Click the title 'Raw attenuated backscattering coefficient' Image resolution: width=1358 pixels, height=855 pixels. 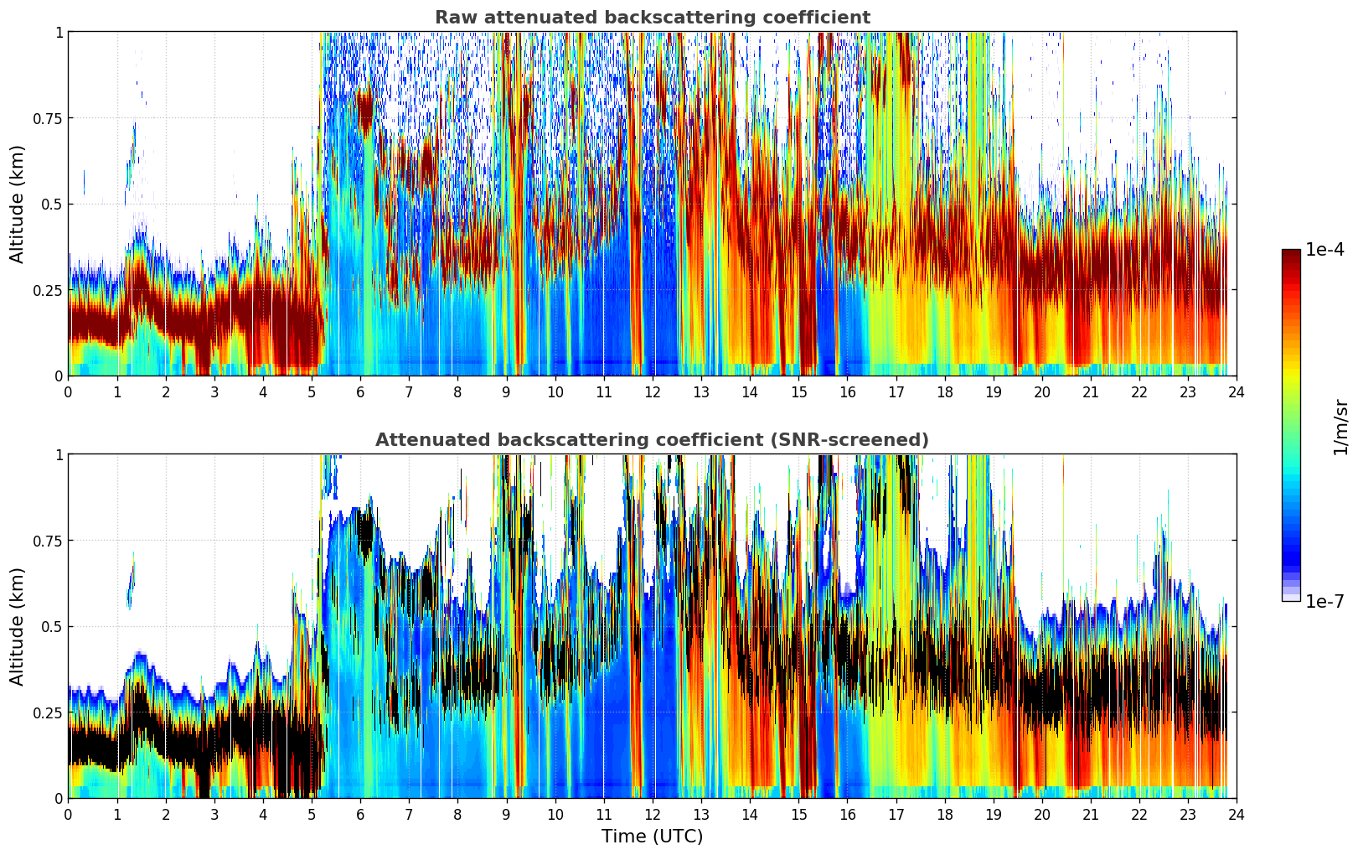pyautogui.click(x=652, y=18)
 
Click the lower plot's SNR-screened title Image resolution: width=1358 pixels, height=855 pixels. pyautogui.click(x=652, y=440)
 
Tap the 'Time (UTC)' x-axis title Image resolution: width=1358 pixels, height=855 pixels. pyautogui.click(x=652, y=837)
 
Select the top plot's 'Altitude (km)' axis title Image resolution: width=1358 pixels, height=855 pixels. pyautogui.click(x=18, y=204)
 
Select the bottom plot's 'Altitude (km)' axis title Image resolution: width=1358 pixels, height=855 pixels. pyautogui.click(x=18, y=626)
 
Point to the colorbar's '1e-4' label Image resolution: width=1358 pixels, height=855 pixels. pyautogui.click(x=1324, y=250)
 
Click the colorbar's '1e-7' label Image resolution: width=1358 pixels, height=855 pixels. pyautogui.click(x=1324, y=601)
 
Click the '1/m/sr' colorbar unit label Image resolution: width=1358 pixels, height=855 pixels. pyautogui.click(x=1340, y=427)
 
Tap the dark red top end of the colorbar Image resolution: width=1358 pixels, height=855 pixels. pyautogui.click(x=1291, y=253)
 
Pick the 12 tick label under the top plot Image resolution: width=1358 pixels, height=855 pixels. pyautogui.click(x=653, y=391)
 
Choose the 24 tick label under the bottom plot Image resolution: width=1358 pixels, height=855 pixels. pyautogui.click(x=1237, y=814)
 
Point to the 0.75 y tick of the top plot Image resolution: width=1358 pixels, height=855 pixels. pyautogui.click(x=48, y=118)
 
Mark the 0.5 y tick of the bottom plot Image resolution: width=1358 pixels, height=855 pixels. pyautogui.click(x=52, y=626)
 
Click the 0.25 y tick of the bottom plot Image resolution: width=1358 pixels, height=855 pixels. pyautogui.click(x=48, y=712)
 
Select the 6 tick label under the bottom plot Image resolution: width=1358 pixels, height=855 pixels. pyautogui.click(x=360, y=814)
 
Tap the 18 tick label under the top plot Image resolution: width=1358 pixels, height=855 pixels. pyautogui.click(x=944, y=391)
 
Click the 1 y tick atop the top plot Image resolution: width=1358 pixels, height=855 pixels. pyautogui.click(x=59, y=32)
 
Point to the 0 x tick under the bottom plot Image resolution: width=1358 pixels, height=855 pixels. pyautogui.click(x=69, y=814)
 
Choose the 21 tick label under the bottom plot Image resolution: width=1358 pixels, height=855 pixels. pyautogui.click(x=1091, y=814)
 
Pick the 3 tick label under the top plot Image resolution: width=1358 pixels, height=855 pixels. pyautogui.click(x=214, y=391)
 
